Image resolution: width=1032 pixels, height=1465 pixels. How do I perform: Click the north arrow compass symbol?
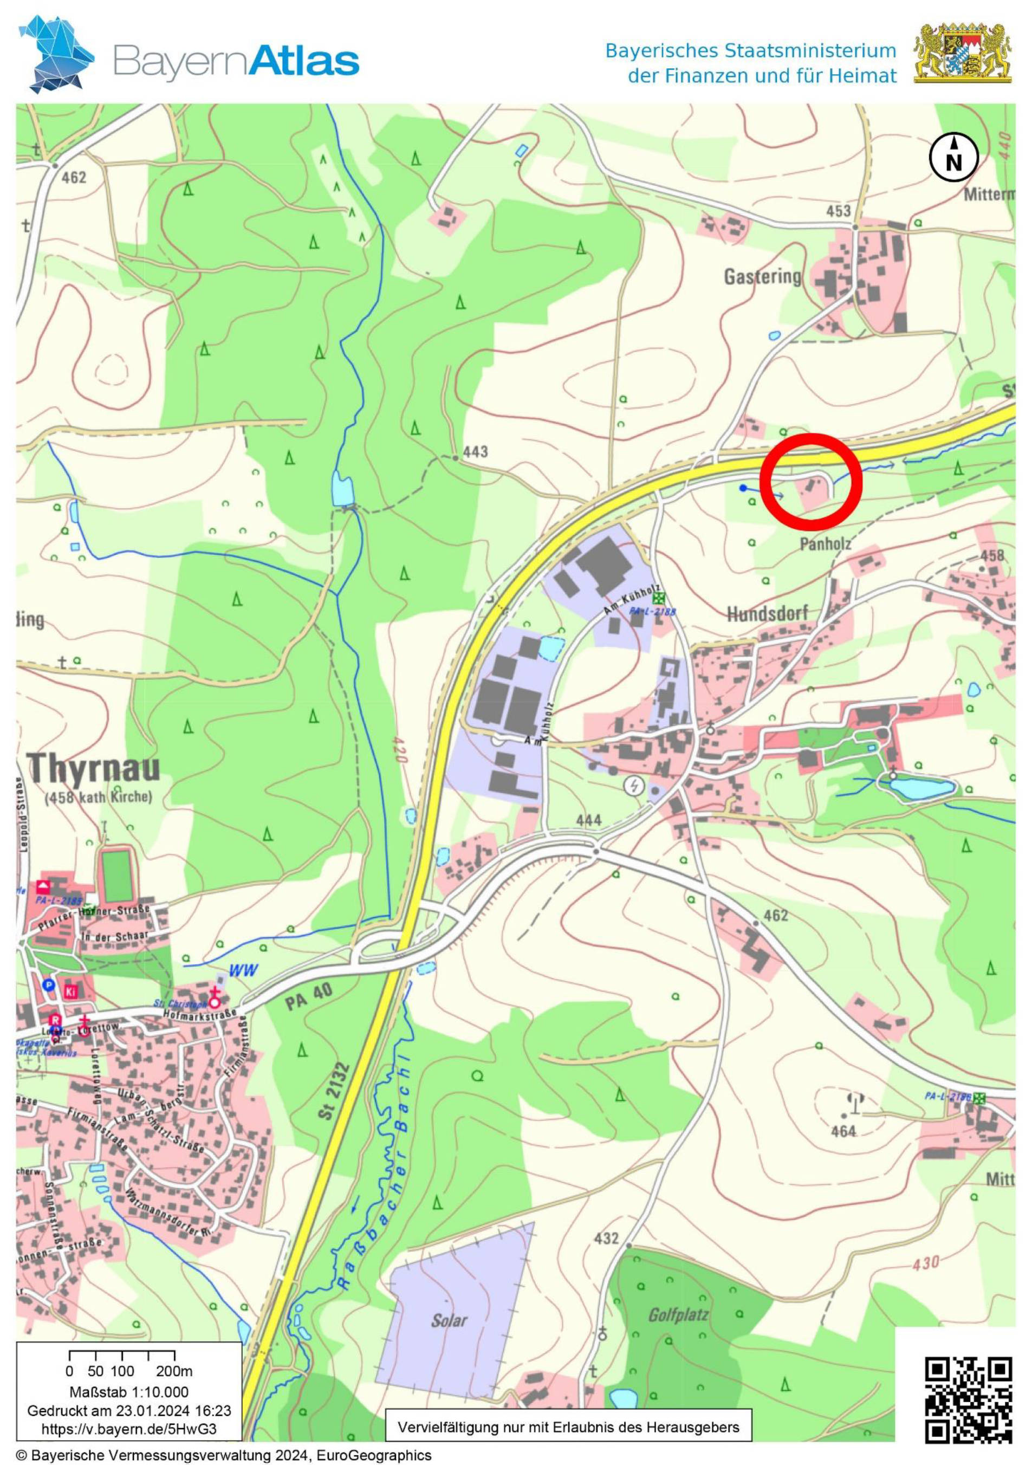[953, 158]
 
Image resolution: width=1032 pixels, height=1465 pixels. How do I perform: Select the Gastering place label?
[762, 276]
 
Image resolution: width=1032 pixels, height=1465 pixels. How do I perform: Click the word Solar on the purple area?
[449, 1320]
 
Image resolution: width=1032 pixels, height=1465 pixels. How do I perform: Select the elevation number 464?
[843, 1131]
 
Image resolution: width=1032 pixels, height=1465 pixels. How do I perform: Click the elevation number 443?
[475, 452]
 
